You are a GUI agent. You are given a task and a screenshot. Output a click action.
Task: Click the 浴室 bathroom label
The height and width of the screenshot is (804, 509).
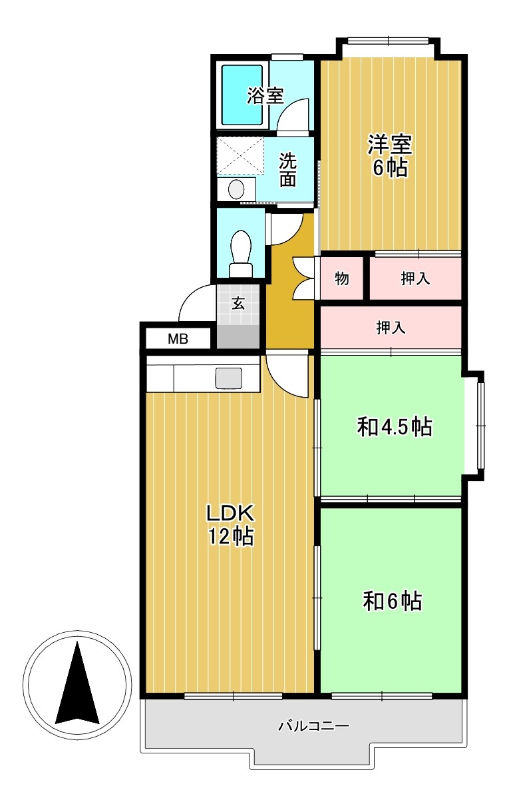(265, 96)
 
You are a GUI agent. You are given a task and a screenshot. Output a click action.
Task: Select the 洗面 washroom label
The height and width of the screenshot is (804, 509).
(287, 169)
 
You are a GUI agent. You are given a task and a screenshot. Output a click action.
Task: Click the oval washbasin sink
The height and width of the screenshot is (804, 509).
(236, 189)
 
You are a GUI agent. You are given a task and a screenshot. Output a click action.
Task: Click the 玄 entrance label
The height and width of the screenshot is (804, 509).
(238, 303)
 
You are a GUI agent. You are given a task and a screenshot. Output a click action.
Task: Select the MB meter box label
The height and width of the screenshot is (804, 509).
(178, 339)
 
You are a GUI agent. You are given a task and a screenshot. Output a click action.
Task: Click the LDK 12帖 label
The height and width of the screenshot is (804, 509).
(230, 524)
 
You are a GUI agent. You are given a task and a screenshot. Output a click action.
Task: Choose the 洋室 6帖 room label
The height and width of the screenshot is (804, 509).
(390, 155)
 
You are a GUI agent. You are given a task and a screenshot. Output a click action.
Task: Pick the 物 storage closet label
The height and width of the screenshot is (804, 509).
(341, 278)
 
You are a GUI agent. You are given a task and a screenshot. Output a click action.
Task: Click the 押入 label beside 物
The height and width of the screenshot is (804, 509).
(415, 278)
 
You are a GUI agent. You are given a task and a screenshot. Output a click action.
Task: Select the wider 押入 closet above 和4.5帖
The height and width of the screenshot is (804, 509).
(391, 327)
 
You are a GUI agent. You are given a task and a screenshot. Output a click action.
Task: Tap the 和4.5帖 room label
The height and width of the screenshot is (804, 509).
(395, 426)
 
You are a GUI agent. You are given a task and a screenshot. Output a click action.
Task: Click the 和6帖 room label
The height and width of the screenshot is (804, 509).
(392, 601)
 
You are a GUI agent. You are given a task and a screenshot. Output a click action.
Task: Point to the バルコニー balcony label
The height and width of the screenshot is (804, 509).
(313, 725)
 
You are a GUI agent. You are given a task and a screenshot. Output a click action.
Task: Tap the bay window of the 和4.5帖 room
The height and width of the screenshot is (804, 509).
(480, 424)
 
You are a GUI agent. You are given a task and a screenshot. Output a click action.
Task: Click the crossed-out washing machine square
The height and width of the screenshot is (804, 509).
(240, 155)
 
